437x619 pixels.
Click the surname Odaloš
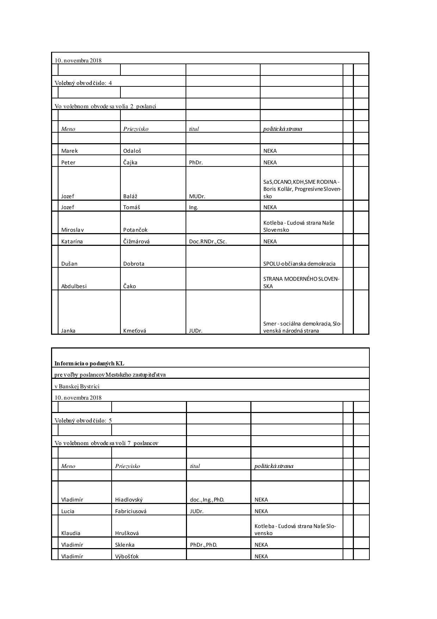click(132, 151)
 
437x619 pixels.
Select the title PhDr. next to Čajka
click(196, 163)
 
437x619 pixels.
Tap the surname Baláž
click(130, 196)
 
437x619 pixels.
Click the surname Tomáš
click(131, 207)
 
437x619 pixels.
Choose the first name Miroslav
click(73, 230)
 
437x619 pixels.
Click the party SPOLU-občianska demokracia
click(299, 264)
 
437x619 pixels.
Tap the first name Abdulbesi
click(74, 286)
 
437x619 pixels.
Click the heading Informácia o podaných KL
click(89, 363)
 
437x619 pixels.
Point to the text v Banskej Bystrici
click(77, 386)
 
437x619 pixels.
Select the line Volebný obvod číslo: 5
click(83, 420)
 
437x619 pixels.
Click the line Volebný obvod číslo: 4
click(83, 83)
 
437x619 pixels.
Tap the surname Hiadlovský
click(129, 500)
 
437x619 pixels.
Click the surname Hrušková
click(127, 533)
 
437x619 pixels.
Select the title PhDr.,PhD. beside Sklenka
click(204, 545)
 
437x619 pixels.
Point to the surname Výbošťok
click(127, 557)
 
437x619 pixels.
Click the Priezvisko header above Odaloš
click(136, 129)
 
